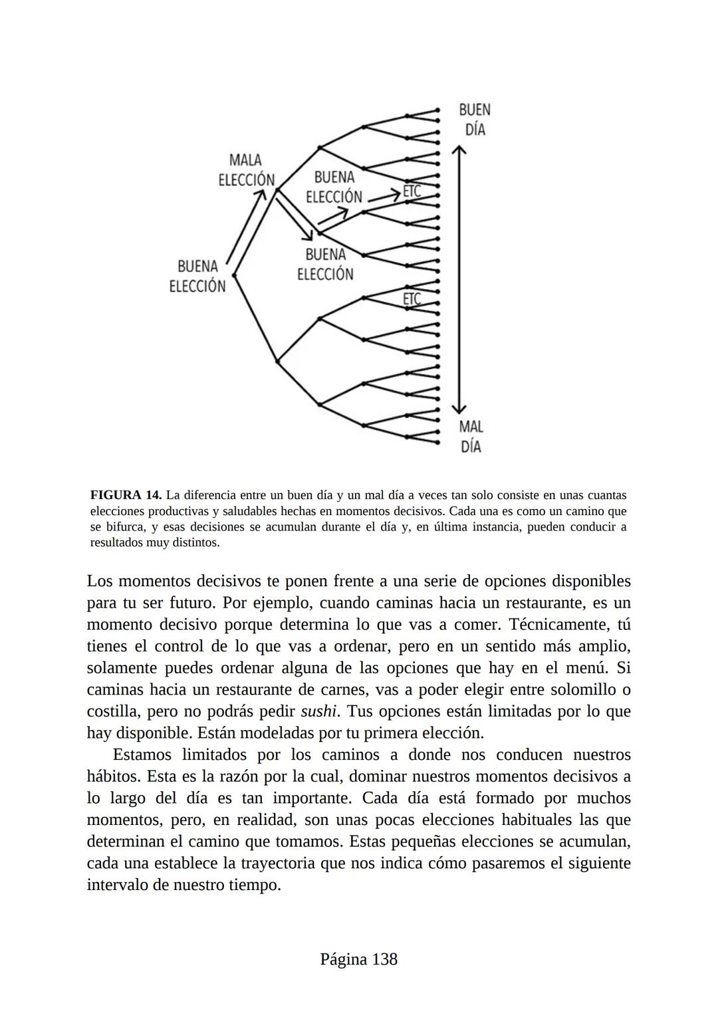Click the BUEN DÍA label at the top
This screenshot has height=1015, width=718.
(x=475, y=120)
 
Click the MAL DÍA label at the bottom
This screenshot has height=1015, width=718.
(x=471, y=436)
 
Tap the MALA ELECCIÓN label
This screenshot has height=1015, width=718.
(x=246, y=170)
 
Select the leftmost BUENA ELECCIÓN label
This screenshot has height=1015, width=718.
(x=197, y=276)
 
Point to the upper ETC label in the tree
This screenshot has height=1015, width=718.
(x=412, y=191)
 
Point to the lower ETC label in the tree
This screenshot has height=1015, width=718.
(x=412, y=299)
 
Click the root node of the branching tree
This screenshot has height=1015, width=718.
(x=234, y=275)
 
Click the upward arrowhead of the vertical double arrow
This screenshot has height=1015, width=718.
(x=458, y=151)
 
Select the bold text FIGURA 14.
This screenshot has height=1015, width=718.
(x=126, y=495)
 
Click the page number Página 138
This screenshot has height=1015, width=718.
(x=358, y=959)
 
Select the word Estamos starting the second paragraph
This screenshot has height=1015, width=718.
(x=143, y=754)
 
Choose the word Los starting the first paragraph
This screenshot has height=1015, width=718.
(x=100, y=581)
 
